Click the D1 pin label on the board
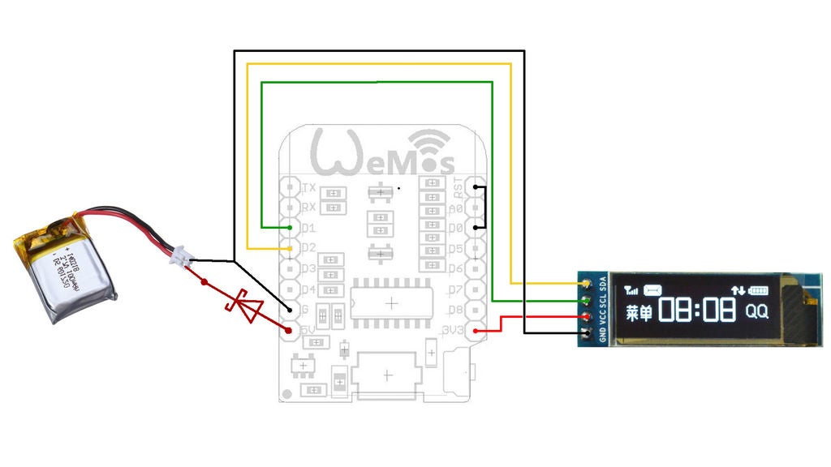point(308,228)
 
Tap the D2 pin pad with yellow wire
point(290,248)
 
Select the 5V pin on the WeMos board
point(290,331)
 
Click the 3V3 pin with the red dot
point(476,331)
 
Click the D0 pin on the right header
point(476,228)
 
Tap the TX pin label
point(308,187)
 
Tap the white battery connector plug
point(180,259)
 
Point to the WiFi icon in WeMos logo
point(431,146)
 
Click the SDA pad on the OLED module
point(585,283)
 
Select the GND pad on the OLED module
point(585,333)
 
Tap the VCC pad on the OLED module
point(585,317)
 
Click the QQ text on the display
point(756,311)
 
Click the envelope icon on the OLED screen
point(654,289)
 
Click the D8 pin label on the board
point(455,310)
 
